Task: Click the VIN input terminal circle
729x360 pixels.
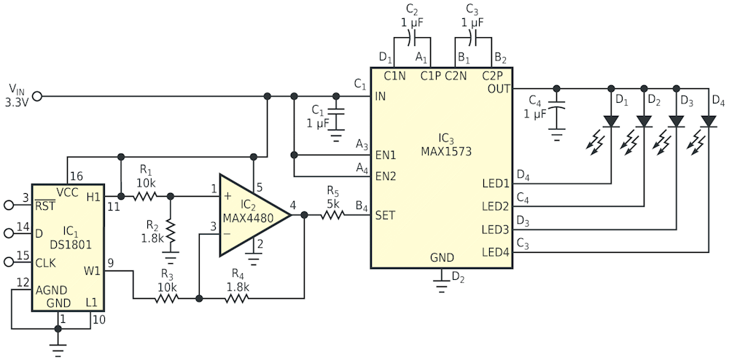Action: pyautogui.click(x=36, y=97)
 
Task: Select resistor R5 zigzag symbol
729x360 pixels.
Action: pyautogui.click(x=332, y=214)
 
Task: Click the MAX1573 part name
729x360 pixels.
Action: pyautogui.click(x=446, y=152)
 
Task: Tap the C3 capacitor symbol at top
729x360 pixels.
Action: pyautogui.click(x=473, y=39)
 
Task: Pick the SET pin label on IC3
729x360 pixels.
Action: pyautogui.click(x=386, y=215)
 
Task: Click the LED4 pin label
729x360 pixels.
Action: pyautogui.click(x=495, y=252)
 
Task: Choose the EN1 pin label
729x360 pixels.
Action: pyautogui.click(x=386, y=154)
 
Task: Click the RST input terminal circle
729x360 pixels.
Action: pyautogui.click(x=9, y=204)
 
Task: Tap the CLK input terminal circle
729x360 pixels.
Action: pyautogui.click(x=9, y=262)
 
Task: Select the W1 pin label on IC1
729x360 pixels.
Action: pyautogui.click(x=91, y=270)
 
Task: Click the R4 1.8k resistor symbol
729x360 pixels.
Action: pyautogui.click(x=237, y=298)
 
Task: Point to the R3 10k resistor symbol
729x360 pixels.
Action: pyautogui.click(x=166, y=298)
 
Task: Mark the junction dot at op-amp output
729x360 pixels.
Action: pyautogui.click(x=304, y=214)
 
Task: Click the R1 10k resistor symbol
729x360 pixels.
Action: pyautogui.click(x=145, y=196)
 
